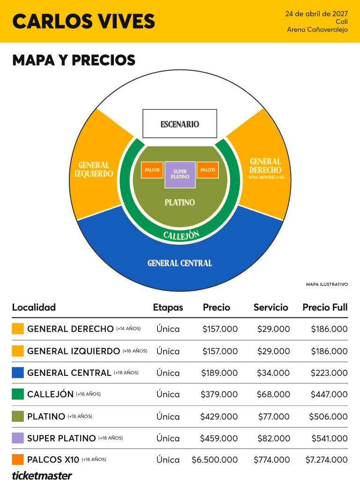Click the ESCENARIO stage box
(x=180, y=124)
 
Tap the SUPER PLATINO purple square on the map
(x=180, y=174)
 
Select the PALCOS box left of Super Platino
(x=152, y=170)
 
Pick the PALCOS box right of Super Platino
(x=208, y=170)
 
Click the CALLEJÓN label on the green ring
(x=181, y=235)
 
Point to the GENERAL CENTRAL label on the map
(x=180, y=263)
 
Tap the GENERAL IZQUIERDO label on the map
(x=94, y=169)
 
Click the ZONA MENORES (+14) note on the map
(x=265, y=177)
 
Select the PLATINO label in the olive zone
(x=180, y=202)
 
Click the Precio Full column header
(x=325, y=307)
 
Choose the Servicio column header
(x=270, y=307)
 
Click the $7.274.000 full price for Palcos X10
(x=327, y=460)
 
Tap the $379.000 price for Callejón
(x=219, y=394)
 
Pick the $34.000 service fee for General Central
(x=273, y=373)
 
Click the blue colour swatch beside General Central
(x=18, y=373)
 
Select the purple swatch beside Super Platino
(x=18, y=438)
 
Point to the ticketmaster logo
(x=42, y=476)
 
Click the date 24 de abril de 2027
(x=316, y=14)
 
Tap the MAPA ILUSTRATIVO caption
(x=327, y=284)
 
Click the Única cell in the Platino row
(x=168, y=416)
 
